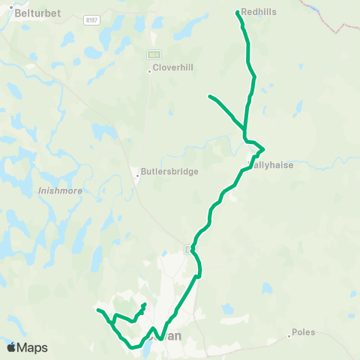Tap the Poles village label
(304, 331)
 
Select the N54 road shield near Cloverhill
(154, 55)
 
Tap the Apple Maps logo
(27, 347)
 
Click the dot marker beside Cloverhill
(149, 71)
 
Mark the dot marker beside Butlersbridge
(138, 176)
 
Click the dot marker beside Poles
(289, 336)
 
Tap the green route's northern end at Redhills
(238, 12)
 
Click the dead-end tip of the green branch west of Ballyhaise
(209, 96)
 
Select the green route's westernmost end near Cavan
(97, 309)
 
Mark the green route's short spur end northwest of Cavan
(144, 304)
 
